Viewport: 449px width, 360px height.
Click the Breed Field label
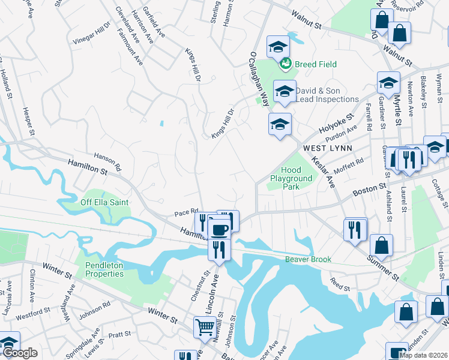coord(315,64)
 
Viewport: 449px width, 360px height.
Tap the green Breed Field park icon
coord(286,63)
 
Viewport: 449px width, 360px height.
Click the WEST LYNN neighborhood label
coord(325,148)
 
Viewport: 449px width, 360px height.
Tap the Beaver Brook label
coord(308,260)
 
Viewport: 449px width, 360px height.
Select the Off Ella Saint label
coord(104,203)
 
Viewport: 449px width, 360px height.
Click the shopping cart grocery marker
coord(205,328)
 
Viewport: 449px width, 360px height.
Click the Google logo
coord(20,353)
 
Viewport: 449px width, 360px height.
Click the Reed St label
coord(340,285)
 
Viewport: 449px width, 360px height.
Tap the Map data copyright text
coord(423,355)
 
